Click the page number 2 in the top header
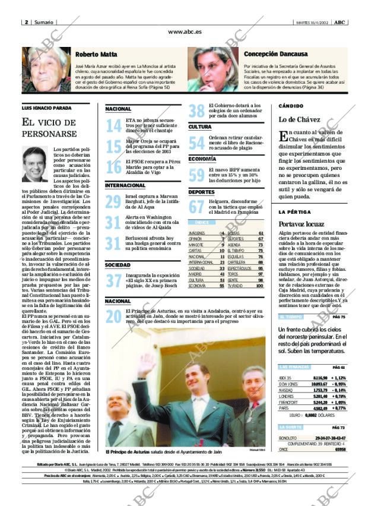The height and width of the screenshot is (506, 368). click(27, 22)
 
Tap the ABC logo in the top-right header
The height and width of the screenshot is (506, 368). click(339, 22)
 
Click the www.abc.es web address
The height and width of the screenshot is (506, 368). click(184, 32)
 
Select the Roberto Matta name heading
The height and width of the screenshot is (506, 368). click(96, 54)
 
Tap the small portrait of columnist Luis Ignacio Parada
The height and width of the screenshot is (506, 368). click(35, 165)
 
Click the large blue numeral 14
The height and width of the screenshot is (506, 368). click(113, 126)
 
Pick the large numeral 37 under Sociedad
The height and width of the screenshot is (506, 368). click(113, 280)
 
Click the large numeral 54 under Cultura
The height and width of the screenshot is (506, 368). click(196, 143)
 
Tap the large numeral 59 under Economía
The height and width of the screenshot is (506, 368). click(196, 175)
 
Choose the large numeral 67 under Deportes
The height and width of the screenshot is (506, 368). click(196, 207)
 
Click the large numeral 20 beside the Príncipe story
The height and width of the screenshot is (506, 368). click(113, 317)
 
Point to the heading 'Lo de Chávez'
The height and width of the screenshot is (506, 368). click(300, 120)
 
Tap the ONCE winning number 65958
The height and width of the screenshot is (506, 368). click(340, 450)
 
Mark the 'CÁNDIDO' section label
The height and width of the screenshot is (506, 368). click(291, 106)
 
